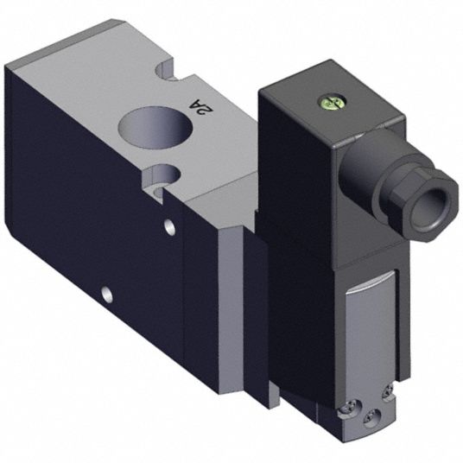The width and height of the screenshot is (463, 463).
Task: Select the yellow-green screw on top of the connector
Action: point(328,102)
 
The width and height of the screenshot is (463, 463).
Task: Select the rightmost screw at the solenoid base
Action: point(388,392)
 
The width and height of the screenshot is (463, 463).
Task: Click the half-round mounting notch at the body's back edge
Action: point(165,71)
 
